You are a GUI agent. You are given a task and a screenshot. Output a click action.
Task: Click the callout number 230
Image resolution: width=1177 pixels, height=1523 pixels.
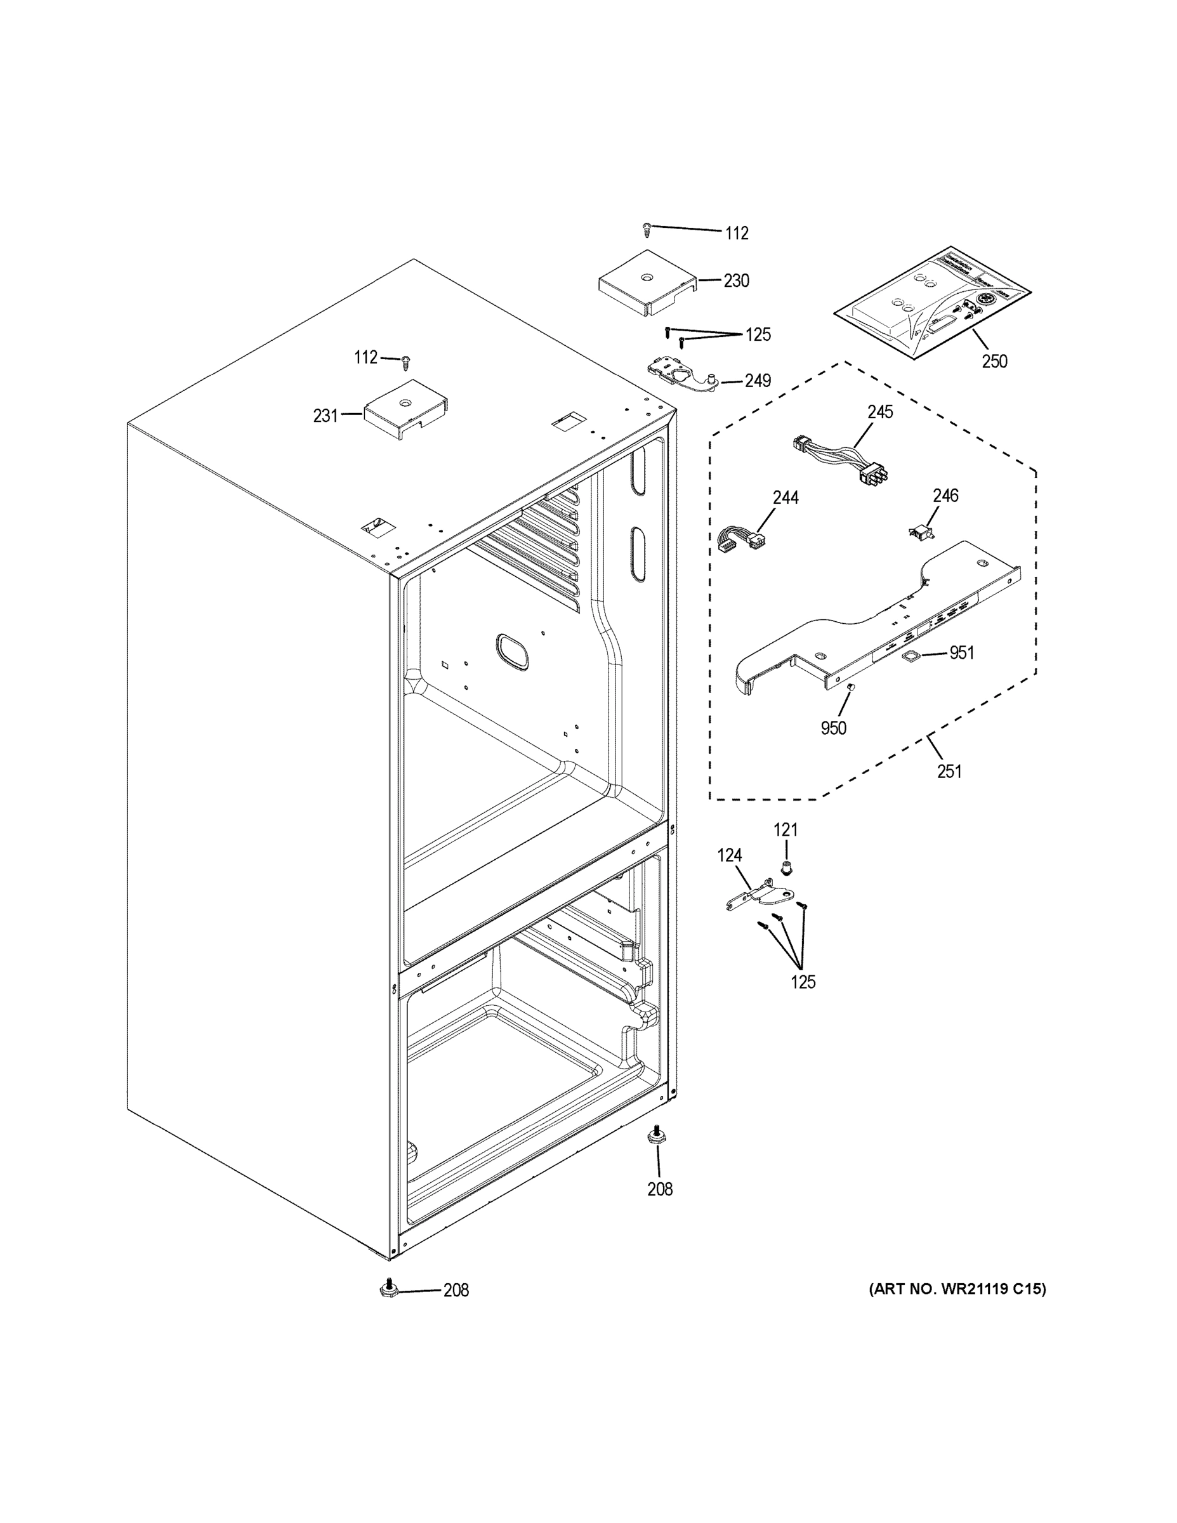coord(735,281)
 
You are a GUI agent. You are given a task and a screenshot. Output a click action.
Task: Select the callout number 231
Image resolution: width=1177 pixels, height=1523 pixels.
coord(325,416)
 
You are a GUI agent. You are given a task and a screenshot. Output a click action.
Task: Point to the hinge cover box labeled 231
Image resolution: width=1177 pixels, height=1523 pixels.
coord(406,410)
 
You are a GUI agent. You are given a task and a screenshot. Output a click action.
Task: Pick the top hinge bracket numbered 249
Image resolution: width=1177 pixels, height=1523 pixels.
coord(677,376)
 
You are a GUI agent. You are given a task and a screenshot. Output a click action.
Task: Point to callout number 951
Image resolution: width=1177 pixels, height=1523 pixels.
coord(961,653)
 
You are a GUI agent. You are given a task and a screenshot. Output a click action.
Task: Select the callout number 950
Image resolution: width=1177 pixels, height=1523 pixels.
coord(833,728)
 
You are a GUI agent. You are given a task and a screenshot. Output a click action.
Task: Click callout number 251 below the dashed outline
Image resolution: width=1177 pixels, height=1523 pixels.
coord(949,771)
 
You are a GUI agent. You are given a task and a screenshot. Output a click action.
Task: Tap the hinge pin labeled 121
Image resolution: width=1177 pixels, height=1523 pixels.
coord(787,867)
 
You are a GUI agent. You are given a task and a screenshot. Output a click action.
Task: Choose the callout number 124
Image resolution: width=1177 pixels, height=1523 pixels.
coord(729,855)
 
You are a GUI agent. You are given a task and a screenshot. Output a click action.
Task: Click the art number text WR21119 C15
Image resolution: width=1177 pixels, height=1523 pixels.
coord(957,1289)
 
